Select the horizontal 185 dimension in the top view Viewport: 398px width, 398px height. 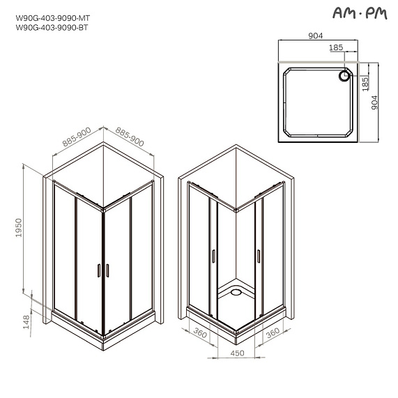pos(337,49)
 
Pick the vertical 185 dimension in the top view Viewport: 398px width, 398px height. pos(366,84)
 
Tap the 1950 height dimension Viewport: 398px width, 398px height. pos(20,228)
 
